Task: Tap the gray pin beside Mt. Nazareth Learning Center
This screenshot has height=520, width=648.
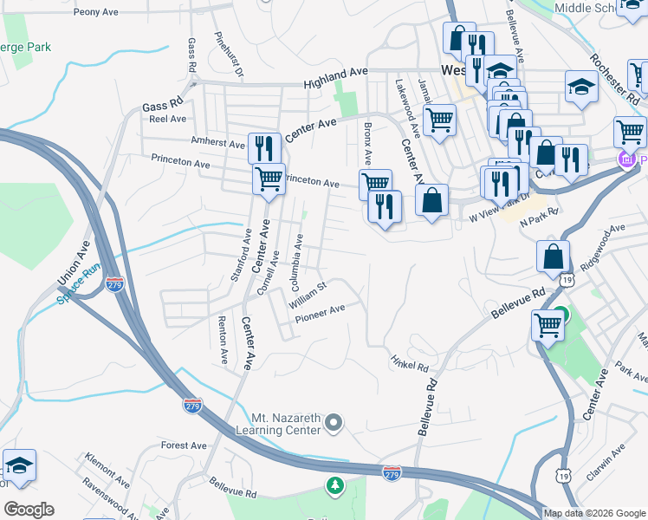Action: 334,423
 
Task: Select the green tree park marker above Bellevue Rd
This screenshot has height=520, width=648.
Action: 334,485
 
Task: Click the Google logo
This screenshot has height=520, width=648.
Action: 29,510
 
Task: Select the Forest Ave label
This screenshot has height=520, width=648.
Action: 184,445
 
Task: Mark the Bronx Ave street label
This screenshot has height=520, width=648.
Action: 367,143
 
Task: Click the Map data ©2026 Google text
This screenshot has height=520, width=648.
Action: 594,513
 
